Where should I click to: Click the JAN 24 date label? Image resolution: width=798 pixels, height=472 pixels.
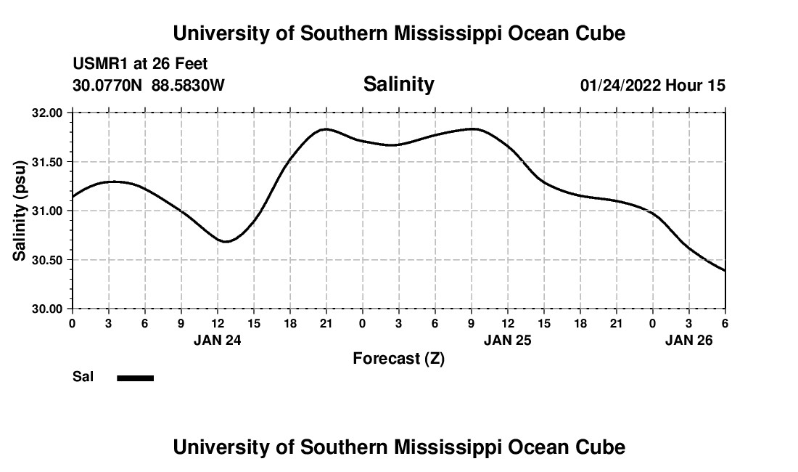click(218, 340)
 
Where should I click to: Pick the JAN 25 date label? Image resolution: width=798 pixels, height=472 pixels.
click(508, 340)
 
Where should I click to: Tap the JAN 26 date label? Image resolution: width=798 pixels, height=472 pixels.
click(690, 340)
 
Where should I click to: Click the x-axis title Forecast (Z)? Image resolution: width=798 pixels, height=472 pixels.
click(398, 359)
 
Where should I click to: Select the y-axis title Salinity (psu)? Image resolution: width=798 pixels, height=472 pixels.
click(20, 211)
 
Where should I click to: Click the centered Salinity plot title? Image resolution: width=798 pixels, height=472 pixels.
click(398, 84)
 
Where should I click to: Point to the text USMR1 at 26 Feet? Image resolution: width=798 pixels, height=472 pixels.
click(140, 65)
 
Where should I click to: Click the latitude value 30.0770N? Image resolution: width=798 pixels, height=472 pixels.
click(107, 86)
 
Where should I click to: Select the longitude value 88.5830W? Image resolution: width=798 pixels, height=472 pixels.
click(188, 86)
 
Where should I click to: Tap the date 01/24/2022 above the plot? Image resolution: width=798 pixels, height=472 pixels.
click(620, 86)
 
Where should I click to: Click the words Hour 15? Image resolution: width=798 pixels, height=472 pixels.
click(696, 86)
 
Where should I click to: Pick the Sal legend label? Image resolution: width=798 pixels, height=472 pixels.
click(83, 377)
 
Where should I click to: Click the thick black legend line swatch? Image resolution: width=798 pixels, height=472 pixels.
click(135, 378)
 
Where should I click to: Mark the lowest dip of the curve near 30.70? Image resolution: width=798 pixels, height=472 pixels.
click(226, 241)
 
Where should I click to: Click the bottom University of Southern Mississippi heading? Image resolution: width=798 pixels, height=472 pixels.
click(398, 447)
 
